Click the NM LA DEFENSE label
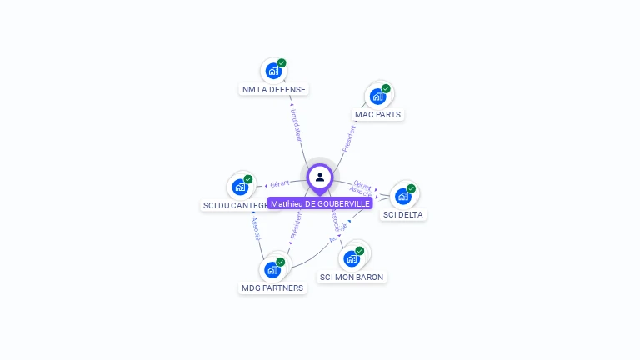pos(274,89)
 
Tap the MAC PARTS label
pos(377,114)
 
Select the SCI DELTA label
pos(402,214)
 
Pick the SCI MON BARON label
pos(352,277)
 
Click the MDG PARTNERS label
pos(272,288)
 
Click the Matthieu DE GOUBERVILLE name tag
pos(320,203)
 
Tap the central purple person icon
pos(320,177)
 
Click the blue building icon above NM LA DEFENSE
pos(272,72)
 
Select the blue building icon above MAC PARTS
pos(377,97)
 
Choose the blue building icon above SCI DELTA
pos(402,197)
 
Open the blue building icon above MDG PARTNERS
pos(272,270)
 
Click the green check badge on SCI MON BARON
pos(360,250)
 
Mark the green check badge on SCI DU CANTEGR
pos(248,179)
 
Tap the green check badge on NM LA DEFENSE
pos(282,63)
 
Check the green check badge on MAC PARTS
pos(386,88)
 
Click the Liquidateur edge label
pos(297,124)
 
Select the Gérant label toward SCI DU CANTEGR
pos(280,183)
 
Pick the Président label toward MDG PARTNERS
pos(297,225)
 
